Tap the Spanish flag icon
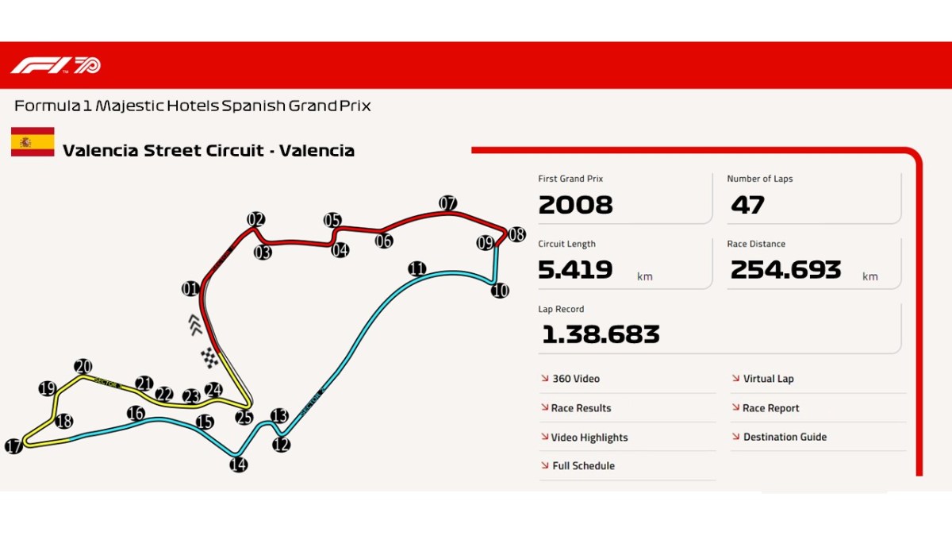click(33, 141)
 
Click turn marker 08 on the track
click(516, 234)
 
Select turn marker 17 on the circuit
click(13, 447)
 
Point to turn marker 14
click(238, 465)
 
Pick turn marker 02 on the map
click(255, 220)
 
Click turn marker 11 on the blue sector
click(417, 268)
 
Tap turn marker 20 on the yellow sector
click(83, 366)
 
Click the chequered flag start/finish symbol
click(209, 358)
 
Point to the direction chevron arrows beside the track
click(196, 324)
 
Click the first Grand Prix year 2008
click(575, 205)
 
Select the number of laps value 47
click(747, 205)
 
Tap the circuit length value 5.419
click(575, 270)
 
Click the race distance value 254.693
click(785, 270)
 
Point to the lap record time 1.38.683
click(601, 334)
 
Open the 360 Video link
click(575, 379)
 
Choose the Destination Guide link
click(784, 437)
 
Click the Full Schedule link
click(582, 466)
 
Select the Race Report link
click(770, 408)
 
